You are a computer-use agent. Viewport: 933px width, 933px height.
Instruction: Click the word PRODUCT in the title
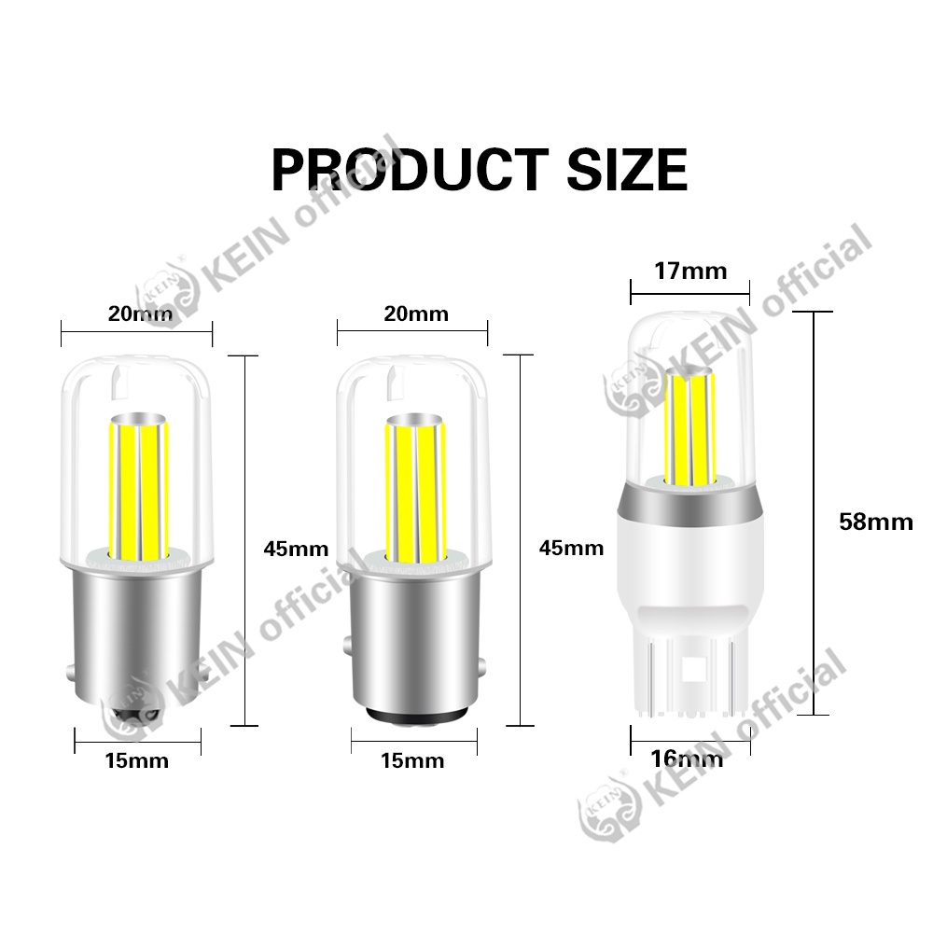[410, 170]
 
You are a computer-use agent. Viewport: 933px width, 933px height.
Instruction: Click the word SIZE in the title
[627, 170]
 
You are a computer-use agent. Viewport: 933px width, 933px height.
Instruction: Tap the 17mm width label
[690, 272]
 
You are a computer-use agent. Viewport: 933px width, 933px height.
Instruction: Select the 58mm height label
[875, 522]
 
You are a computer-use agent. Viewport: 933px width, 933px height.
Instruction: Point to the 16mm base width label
[687, 759]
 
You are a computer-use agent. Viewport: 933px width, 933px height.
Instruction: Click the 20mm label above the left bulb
[141, 313]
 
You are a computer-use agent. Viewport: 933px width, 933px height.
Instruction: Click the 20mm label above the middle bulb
[416, 313]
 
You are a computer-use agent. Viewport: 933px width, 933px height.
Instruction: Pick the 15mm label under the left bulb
[137, 760]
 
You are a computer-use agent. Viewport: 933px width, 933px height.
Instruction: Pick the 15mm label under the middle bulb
[412, 760]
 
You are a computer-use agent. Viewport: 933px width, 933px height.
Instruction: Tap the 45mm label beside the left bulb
[296, 549]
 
